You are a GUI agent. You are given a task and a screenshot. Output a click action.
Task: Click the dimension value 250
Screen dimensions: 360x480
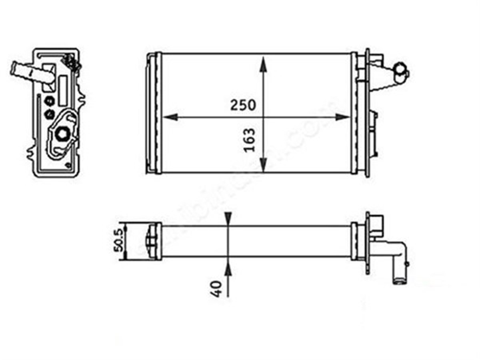242,105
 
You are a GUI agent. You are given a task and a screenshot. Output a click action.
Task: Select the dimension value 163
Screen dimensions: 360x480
249,140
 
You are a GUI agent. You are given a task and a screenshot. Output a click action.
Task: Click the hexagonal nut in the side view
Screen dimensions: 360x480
62,134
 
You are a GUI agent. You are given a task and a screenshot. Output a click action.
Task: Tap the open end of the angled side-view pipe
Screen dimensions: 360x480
14,68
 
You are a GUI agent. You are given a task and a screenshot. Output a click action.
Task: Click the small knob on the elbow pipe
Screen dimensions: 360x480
407,264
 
